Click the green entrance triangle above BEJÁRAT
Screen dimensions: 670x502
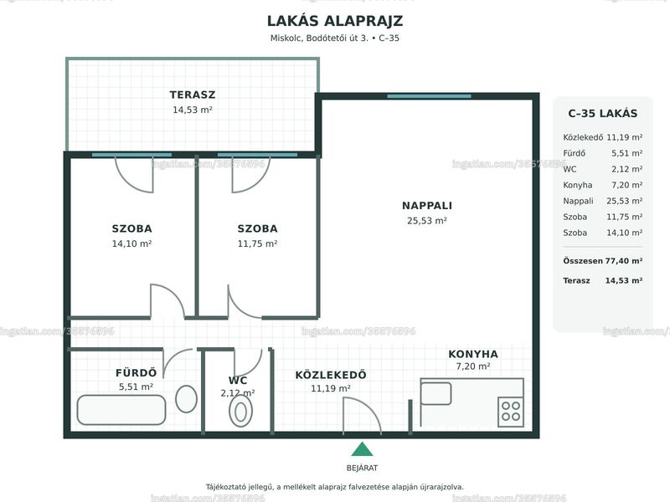(362, 449)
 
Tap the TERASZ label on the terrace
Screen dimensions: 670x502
(193, 95)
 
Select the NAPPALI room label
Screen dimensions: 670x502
(427, 206)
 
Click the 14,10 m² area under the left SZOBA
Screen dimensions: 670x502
(131, 243)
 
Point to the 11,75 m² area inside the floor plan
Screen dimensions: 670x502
(257, 243)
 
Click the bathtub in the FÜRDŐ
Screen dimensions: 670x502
(121, 410)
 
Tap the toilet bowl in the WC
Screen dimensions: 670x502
(240, 412)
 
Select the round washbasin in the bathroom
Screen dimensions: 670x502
(186, 399)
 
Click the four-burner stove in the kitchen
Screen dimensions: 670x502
(511, 412)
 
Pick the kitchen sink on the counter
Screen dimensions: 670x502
(435, 393)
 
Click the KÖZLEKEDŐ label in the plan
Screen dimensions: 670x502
(331, 375)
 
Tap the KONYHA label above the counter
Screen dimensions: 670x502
(473, 354)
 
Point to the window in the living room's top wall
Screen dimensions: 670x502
(429, 96)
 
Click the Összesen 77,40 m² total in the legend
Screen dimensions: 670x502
(602, 261)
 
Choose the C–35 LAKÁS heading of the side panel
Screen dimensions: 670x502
(602, 114)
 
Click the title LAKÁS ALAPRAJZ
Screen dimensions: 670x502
(334, 21)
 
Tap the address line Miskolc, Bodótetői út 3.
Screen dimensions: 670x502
(319, 38)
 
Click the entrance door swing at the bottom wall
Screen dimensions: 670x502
(363, 416)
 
